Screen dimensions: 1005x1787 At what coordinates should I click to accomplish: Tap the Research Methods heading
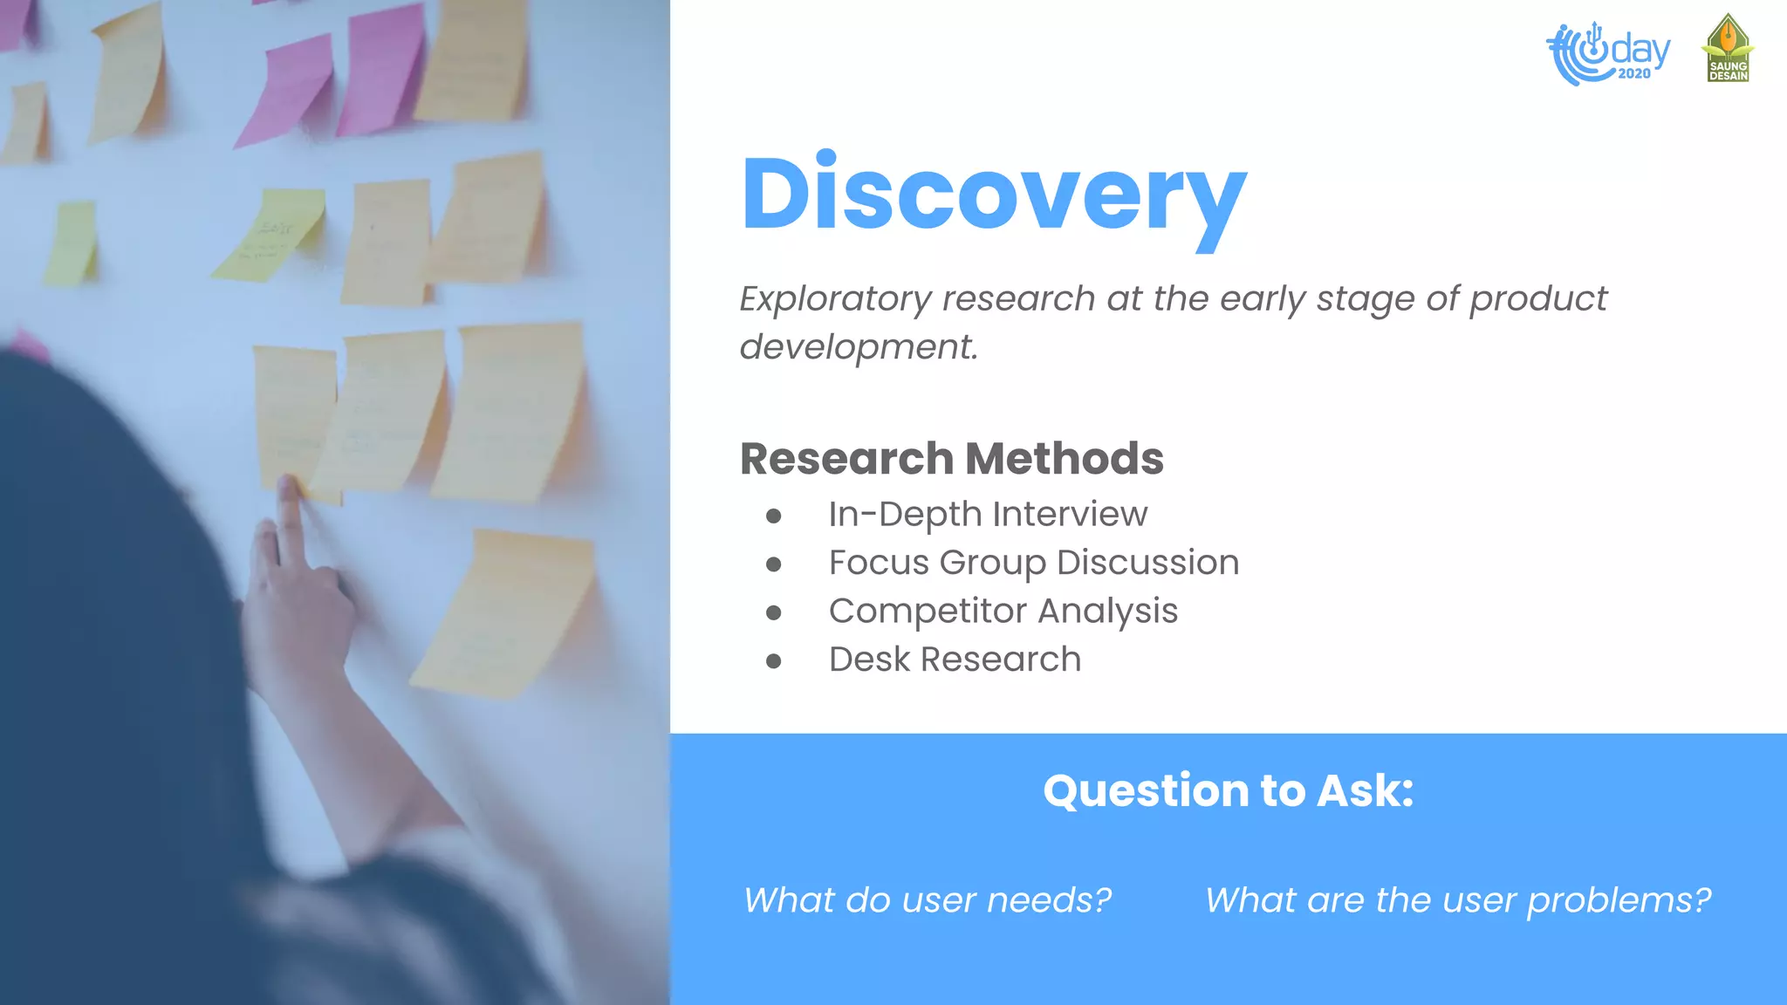click(x=951, y=459)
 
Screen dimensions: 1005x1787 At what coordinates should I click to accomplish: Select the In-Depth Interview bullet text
click(x=988, y=515)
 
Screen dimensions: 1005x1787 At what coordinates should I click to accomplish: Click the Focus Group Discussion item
click(x=1033, y=563)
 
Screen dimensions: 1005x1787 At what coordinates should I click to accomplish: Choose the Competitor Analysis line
click(x=1003, y=612)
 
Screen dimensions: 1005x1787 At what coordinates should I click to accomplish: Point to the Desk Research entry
click(x=955, y=660)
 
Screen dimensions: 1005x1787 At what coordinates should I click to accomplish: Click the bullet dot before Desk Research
click(x=773, y=661)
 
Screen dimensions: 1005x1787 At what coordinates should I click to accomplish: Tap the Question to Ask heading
click(x=1228, y=790)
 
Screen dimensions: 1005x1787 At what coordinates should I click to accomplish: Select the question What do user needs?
click(x=927, y=900)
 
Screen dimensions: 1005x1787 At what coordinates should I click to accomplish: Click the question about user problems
click(x=1457, y=900)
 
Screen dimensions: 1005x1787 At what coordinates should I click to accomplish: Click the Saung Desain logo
click(x=1728, y=49)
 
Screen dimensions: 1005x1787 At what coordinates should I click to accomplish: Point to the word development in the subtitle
click(x=858, y=347)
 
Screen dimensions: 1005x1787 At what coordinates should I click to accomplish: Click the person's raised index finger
click(x=287, y=506)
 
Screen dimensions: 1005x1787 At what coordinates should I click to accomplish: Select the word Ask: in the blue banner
click(x=1365, y=790)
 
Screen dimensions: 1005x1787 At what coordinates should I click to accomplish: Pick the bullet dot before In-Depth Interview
click(x=773, y=516)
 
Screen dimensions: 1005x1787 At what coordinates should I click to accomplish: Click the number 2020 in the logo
click(x=1633, y=74)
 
